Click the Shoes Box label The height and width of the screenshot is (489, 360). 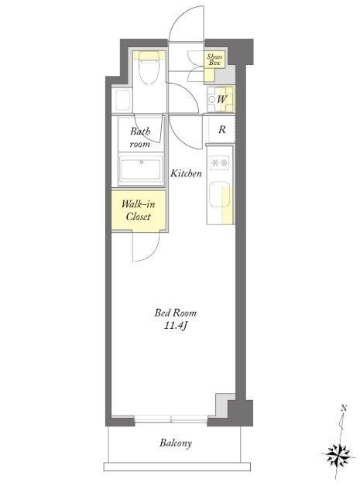click(x=215, y=60)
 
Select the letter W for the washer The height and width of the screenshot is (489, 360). click(x=221, y=100)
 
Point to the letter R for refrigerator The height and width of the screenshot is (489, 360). click(x=221, y=129)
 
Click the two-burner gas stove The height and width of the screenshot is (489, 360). click(x=220, y=162)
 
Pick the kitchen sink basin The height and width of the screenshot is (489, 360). click(x=220, y=194)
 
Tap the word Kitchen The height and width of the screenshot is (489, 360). click(x=186, y=173)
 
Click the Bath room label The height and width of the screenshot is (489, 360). click(x=140, y=138)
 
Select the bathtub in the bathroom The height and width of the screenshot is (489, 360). click(x=141, y=169)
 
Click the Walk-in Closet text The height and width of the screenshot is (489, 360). click(x=139, y=210)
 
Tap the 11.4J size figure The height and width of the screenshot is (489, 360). click(x=175, y=326)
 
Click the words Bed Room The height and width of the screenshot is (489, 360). click(x=176, y=313)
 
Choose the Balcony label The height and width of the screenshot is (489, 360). click(x=176, y=443)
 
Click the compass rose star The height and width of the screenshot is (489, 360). click(x=338, y=456)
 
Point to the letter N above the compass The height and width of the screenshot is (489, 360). click(x=344, y=408)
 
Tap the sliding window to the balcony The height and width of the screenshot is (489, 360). click(x=171, y=419)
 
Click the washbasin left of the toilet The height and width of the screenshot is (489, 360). click(x=122, y=100)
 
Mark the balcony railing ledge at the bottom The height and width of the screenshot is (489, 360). click(x=177, y=467)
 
